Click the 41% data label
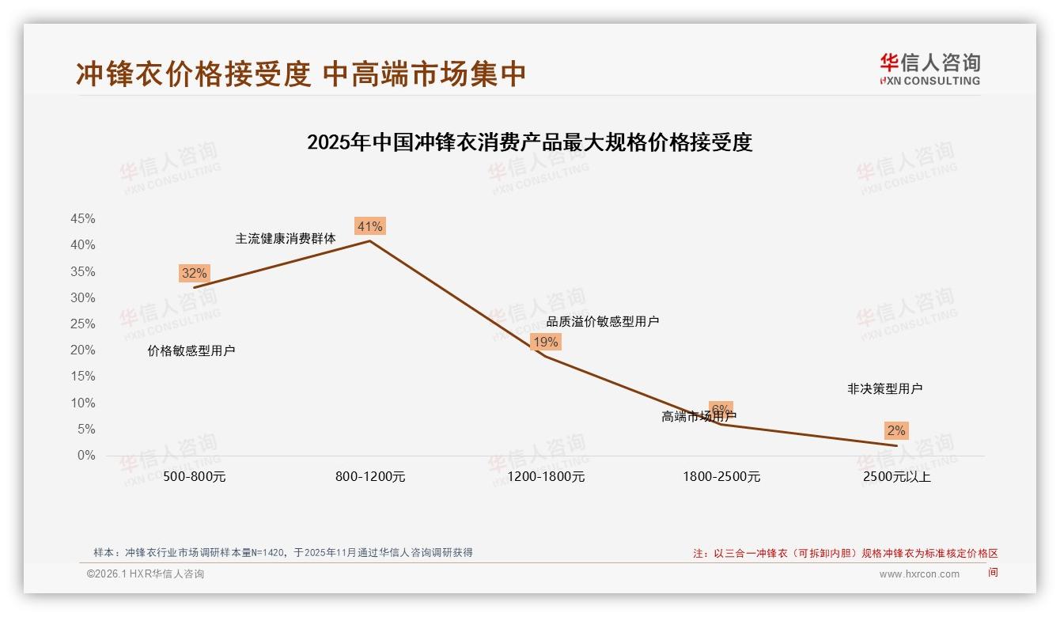pos(369,227)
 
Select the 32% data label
pos(194,274)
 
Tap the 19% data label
pos(545,342)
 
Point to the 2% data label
pos(895,431)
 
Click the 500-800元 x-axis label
pos(194,477)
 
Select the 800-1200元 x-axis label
pos(370,477)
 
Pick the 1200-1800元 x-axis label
pos(546,477)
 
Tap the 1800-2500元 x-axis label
pos(721,477)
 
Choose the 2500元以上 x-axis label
pos(897,477)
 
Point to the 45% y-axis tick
pos(82,218)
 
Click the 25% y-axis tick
pos(82,324)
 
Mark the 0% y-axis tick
pos(86,456)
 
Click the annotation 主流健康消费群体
pos(286,238)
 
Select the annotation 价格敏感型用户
pos(191,351)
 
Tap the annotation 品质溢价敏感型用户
pos(603,321)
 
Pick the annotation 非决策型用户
pos(884,389)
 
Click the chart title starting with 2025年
pos(529,142)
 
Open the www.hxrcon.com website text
pos(919,574)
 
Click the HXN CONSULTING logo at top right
pos(929,69)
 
